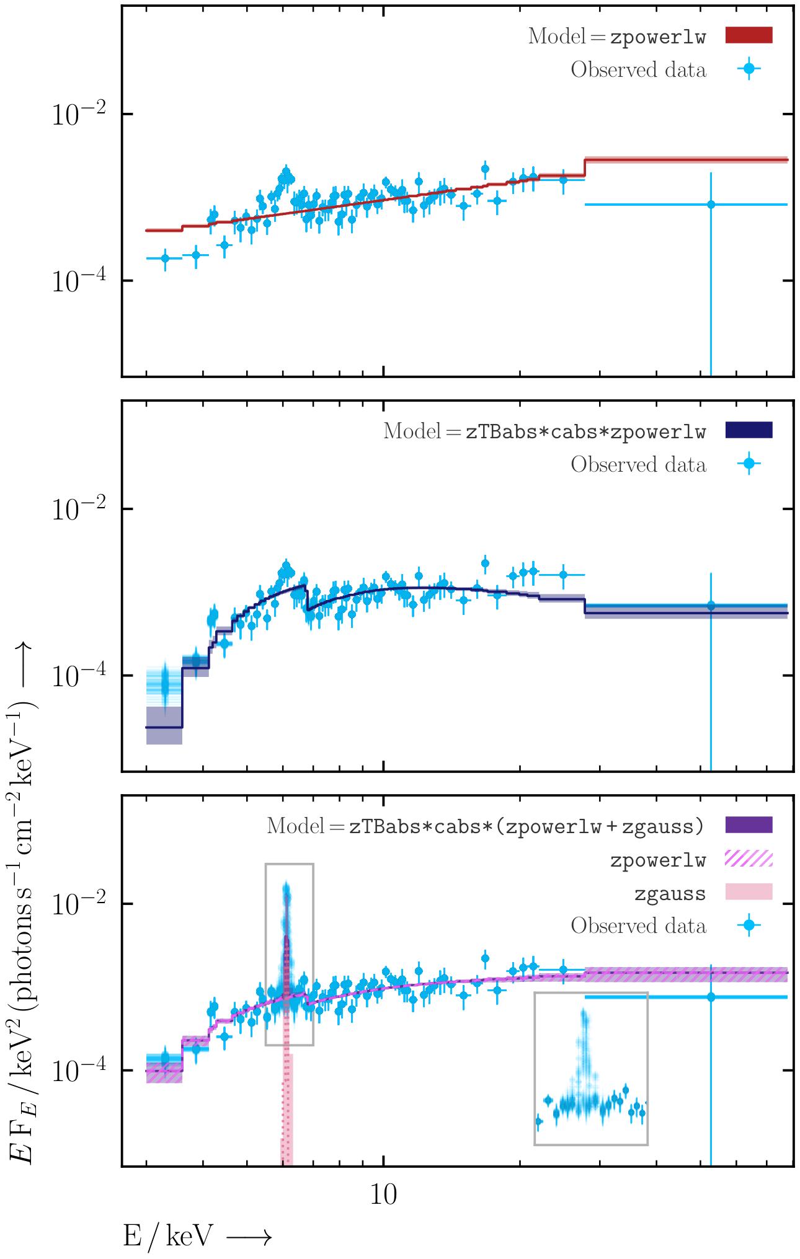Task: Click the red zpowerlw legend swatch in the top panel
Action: [x=749, y=35]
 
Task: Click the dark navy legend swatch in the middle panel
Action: [x=749, y=430]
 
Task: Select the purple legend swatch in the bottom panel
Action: [x=749, y=825]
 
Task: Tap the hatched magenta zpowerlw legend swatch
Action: [x=749, y=859]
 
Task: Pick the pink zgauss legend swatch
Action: [x=749, y=892]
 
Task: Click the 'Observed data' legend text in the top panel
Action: [x=639, y=69]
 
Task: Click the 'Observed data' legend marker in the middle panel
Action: [x=749, y=464]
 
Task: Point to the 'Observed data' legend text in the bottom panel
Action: [x=639, y=925]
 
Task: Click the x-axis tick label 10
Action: [x=383, y=1194]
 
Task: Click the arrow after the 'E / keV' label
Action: [x=249, y=1238]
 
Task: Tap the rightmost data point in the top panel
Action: [x=711, y=205]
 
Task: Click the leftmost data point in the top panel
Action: [x=165, y=258]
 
